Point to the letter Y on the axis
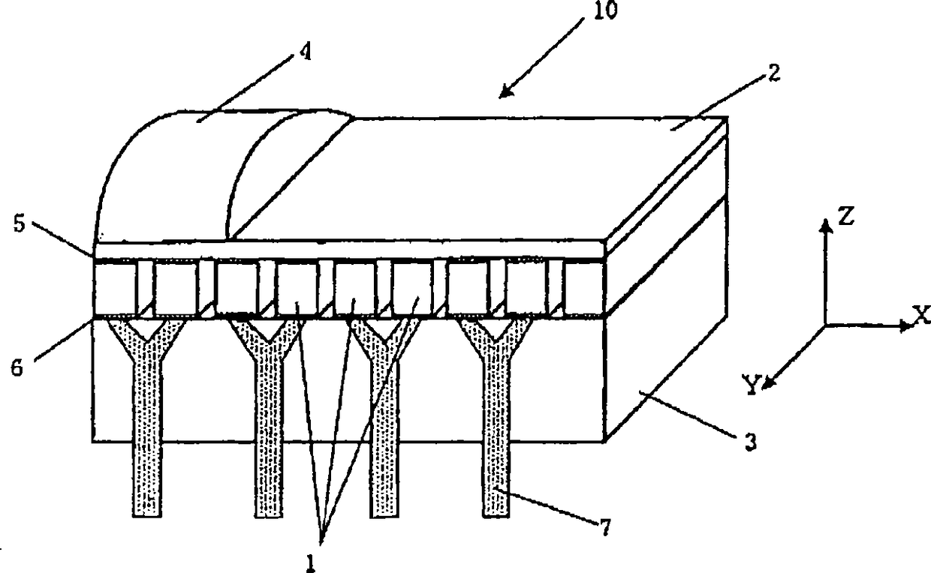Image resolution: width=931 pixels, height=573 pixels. coord(752,384)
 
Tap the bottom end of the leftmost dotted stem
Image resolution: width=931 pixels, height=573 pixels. coord(146,514)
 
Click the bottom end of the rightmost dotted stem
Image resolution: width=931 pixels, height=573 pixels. coord(496,514)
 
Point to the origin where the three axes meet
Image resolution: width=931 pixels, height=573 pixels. coord(825,325)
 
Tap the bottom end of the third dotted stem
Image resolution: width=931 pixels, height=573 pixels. coord(385,514)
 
